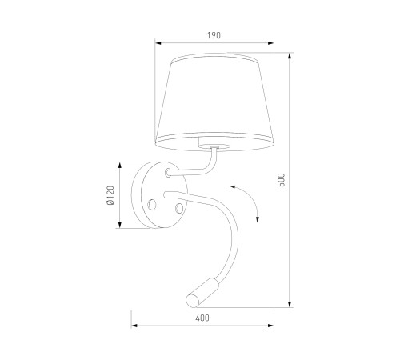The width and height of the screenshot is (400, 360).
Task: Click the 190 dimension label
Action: [x=214, y=35]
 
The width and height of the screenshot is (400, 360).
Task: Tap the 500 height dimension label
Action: [x=282, y=180]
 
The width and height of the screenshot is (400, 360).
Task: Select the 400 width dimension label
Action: [x=202, y=318]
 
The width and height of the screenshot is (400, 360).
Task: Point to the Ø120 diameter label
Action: [x=110, y=195]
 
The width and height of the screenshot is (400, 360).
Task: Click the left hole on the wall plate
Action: [x=152, y=205]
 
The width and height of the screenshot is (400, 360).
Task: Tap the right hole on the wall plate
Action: [x=179, y=208]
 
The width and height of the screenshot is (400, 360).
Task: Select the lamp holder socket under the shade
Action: [x=214, y=142]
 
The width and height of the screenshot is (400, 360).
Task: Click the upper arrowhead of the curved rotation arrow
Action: [x=232, y=186]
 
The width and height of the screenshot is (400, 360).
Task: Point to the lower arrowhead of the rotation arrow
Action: [x=258, y=219]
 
